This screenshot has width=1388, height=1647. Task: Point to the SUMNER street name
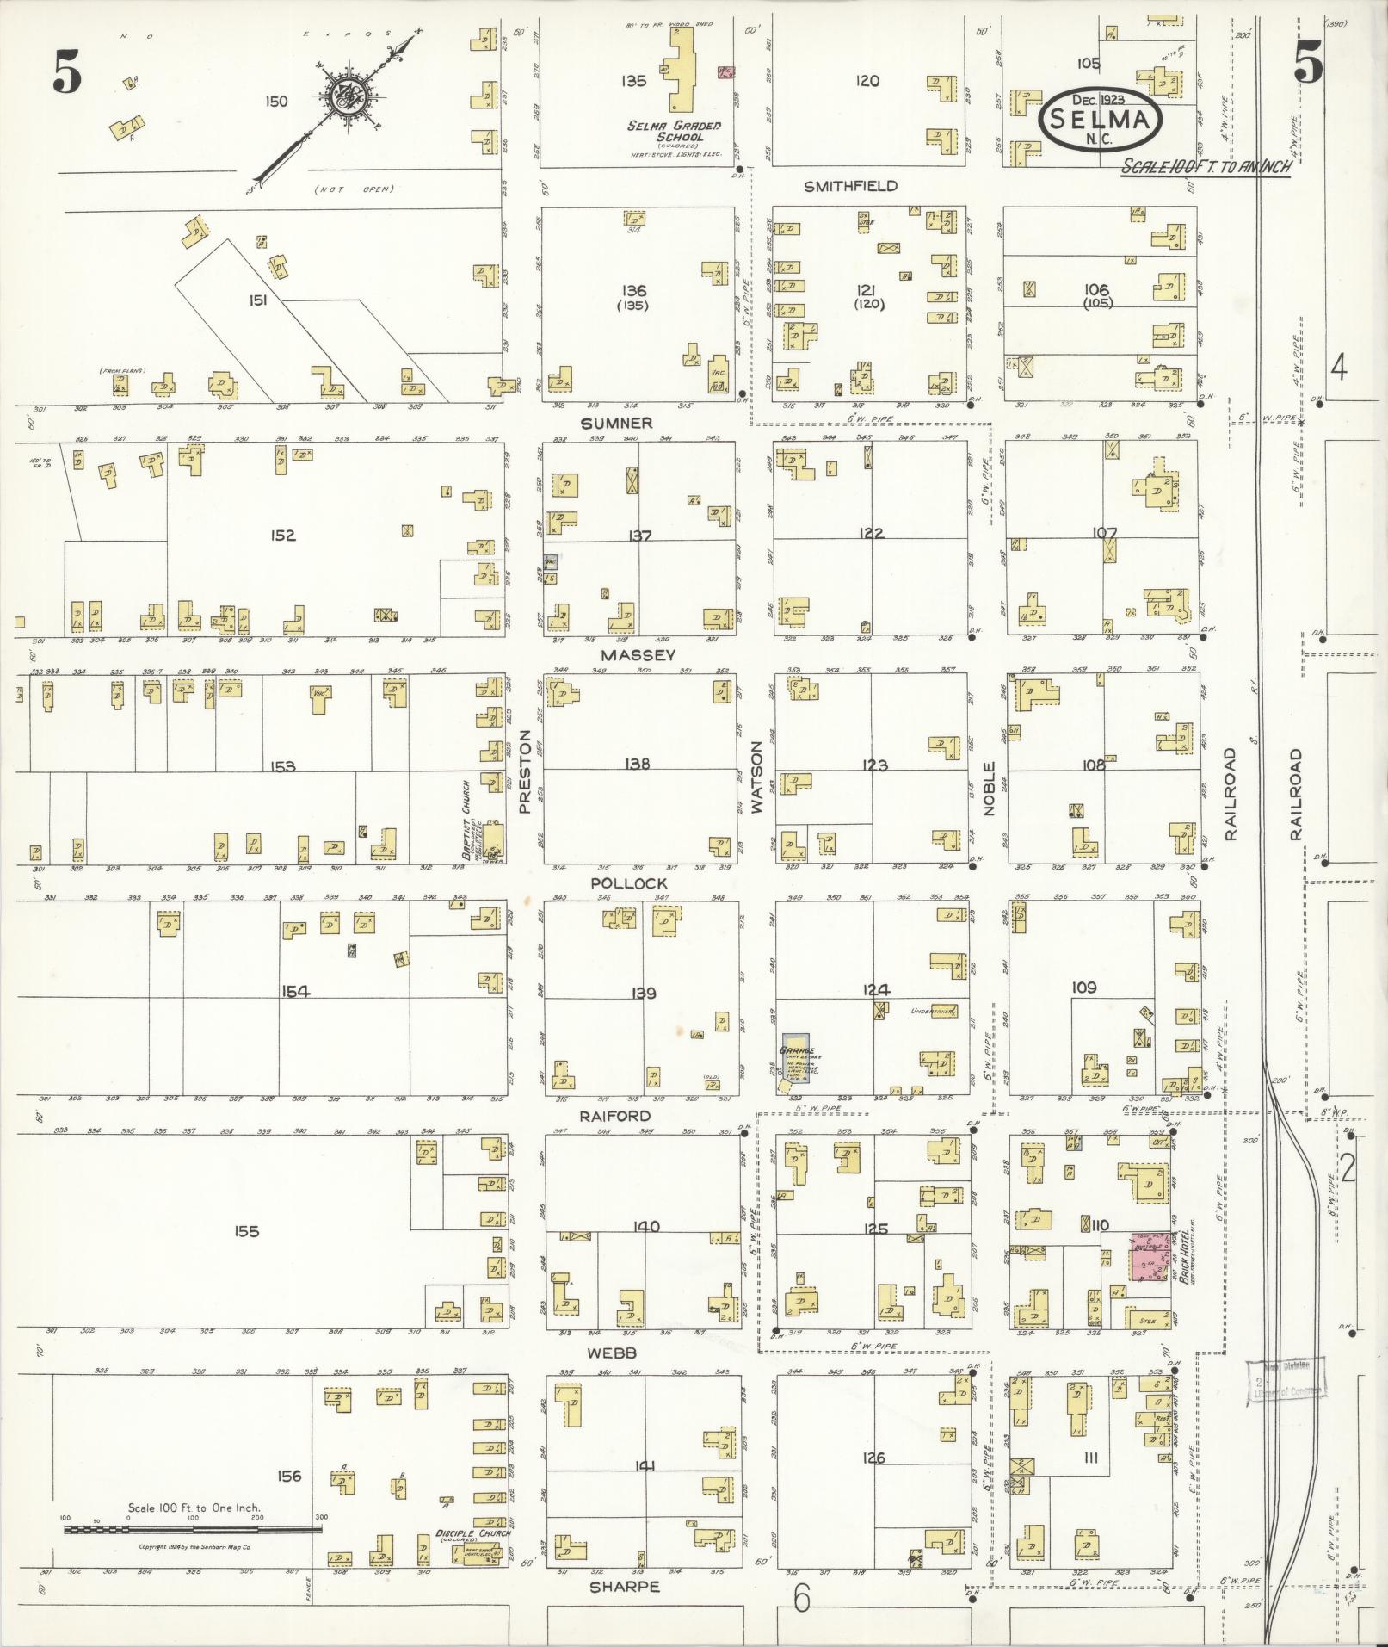[616, 423]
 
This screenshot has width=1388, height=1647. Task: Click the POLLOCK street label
[629, 883]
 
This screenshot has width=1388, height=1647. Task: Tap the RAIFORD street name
[616, 1116]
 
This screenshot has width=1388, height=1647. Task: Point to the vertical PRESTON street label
[525, 772]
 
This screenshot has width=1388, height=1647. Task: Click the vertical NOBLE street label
[989, 789]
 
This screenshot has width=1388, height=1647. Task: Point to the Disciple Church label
[472, 1533]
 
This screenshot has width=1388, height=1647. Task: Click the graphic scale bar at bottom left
[192, 1529]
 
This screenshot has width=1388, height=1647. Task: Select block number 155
[246, 1232]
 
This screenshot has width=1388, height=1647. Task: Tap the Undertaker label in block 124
[935, 1012]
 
